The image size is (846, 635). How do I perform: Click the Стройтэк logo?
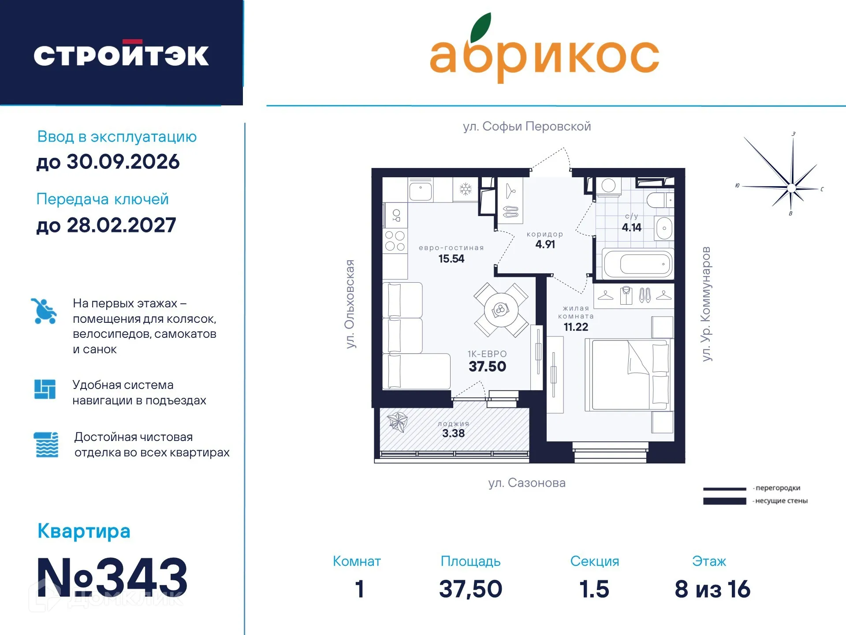121,55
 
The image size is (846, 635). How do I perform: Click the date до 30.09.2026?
108,162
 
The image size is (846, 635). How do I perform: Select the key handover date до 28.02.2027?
106,225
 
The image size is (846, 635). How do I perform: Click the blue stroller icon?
44,311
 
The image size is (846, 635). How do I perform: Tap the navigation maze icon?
45,389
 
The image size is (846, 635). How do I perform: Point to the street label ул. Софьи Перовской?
526,127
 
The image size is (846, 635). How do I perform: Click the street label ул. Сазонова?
526,483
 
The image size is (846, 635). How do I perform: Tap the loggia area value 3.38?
453,433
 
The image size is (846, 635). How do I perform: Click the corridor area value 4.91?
545,244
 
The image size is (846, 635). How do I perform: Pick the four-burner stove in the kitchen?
395,241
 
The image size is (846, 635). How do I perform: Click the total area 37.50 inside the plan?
487,366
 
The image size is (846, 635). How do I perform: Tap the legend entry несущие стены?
781,501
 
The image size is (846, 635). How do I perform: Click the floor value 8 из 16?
712,589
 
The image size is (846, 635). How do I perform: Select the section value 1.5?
594,589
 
